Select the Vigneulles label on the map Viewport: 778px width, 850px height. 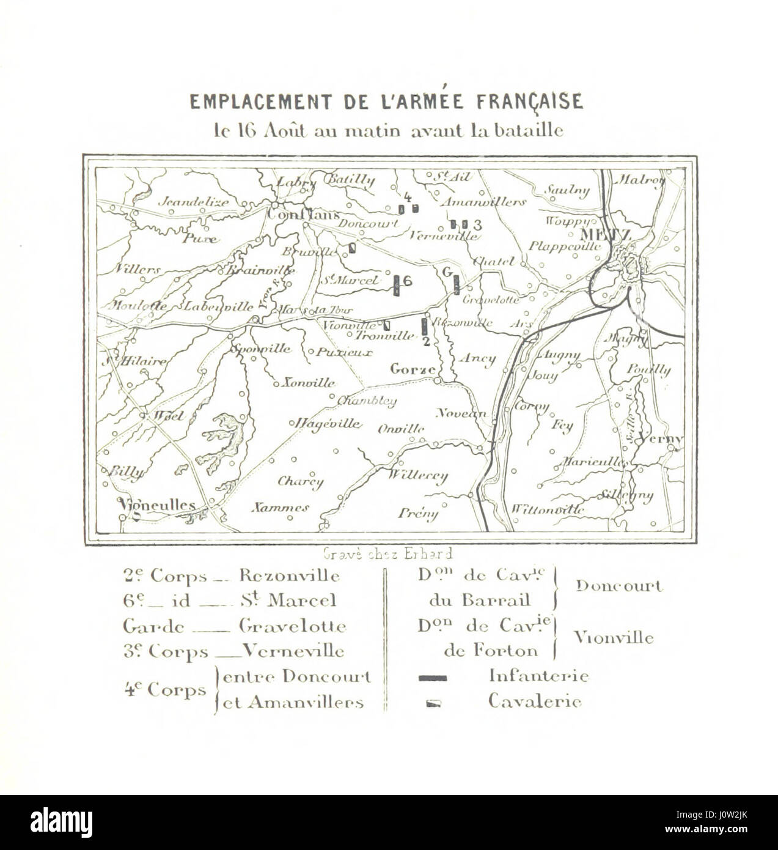(158, 505)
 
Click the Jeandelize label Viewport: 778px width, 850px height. (194, 202)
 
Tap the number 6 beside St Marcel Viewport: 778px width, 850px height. (408, 281)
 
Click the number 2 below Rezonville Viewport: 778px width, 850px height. (427, 341)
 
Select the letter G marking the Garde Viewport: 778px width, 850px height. (447, 271)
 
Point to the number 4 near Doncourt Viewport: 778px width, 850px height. (408, 197)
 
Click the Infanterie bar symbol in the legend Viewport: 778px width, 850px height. (433, 678)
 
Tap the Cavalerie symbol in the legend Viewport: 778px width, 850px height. (433, 703)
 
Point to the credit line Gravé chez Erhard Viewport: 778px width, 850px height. (387, 554)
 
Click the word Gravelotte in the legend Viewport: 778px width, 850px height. (293, 627)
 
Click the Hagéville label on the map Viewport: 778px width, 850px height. (329, 424)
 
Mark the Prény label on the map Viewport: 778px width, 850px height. (418, 513)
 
